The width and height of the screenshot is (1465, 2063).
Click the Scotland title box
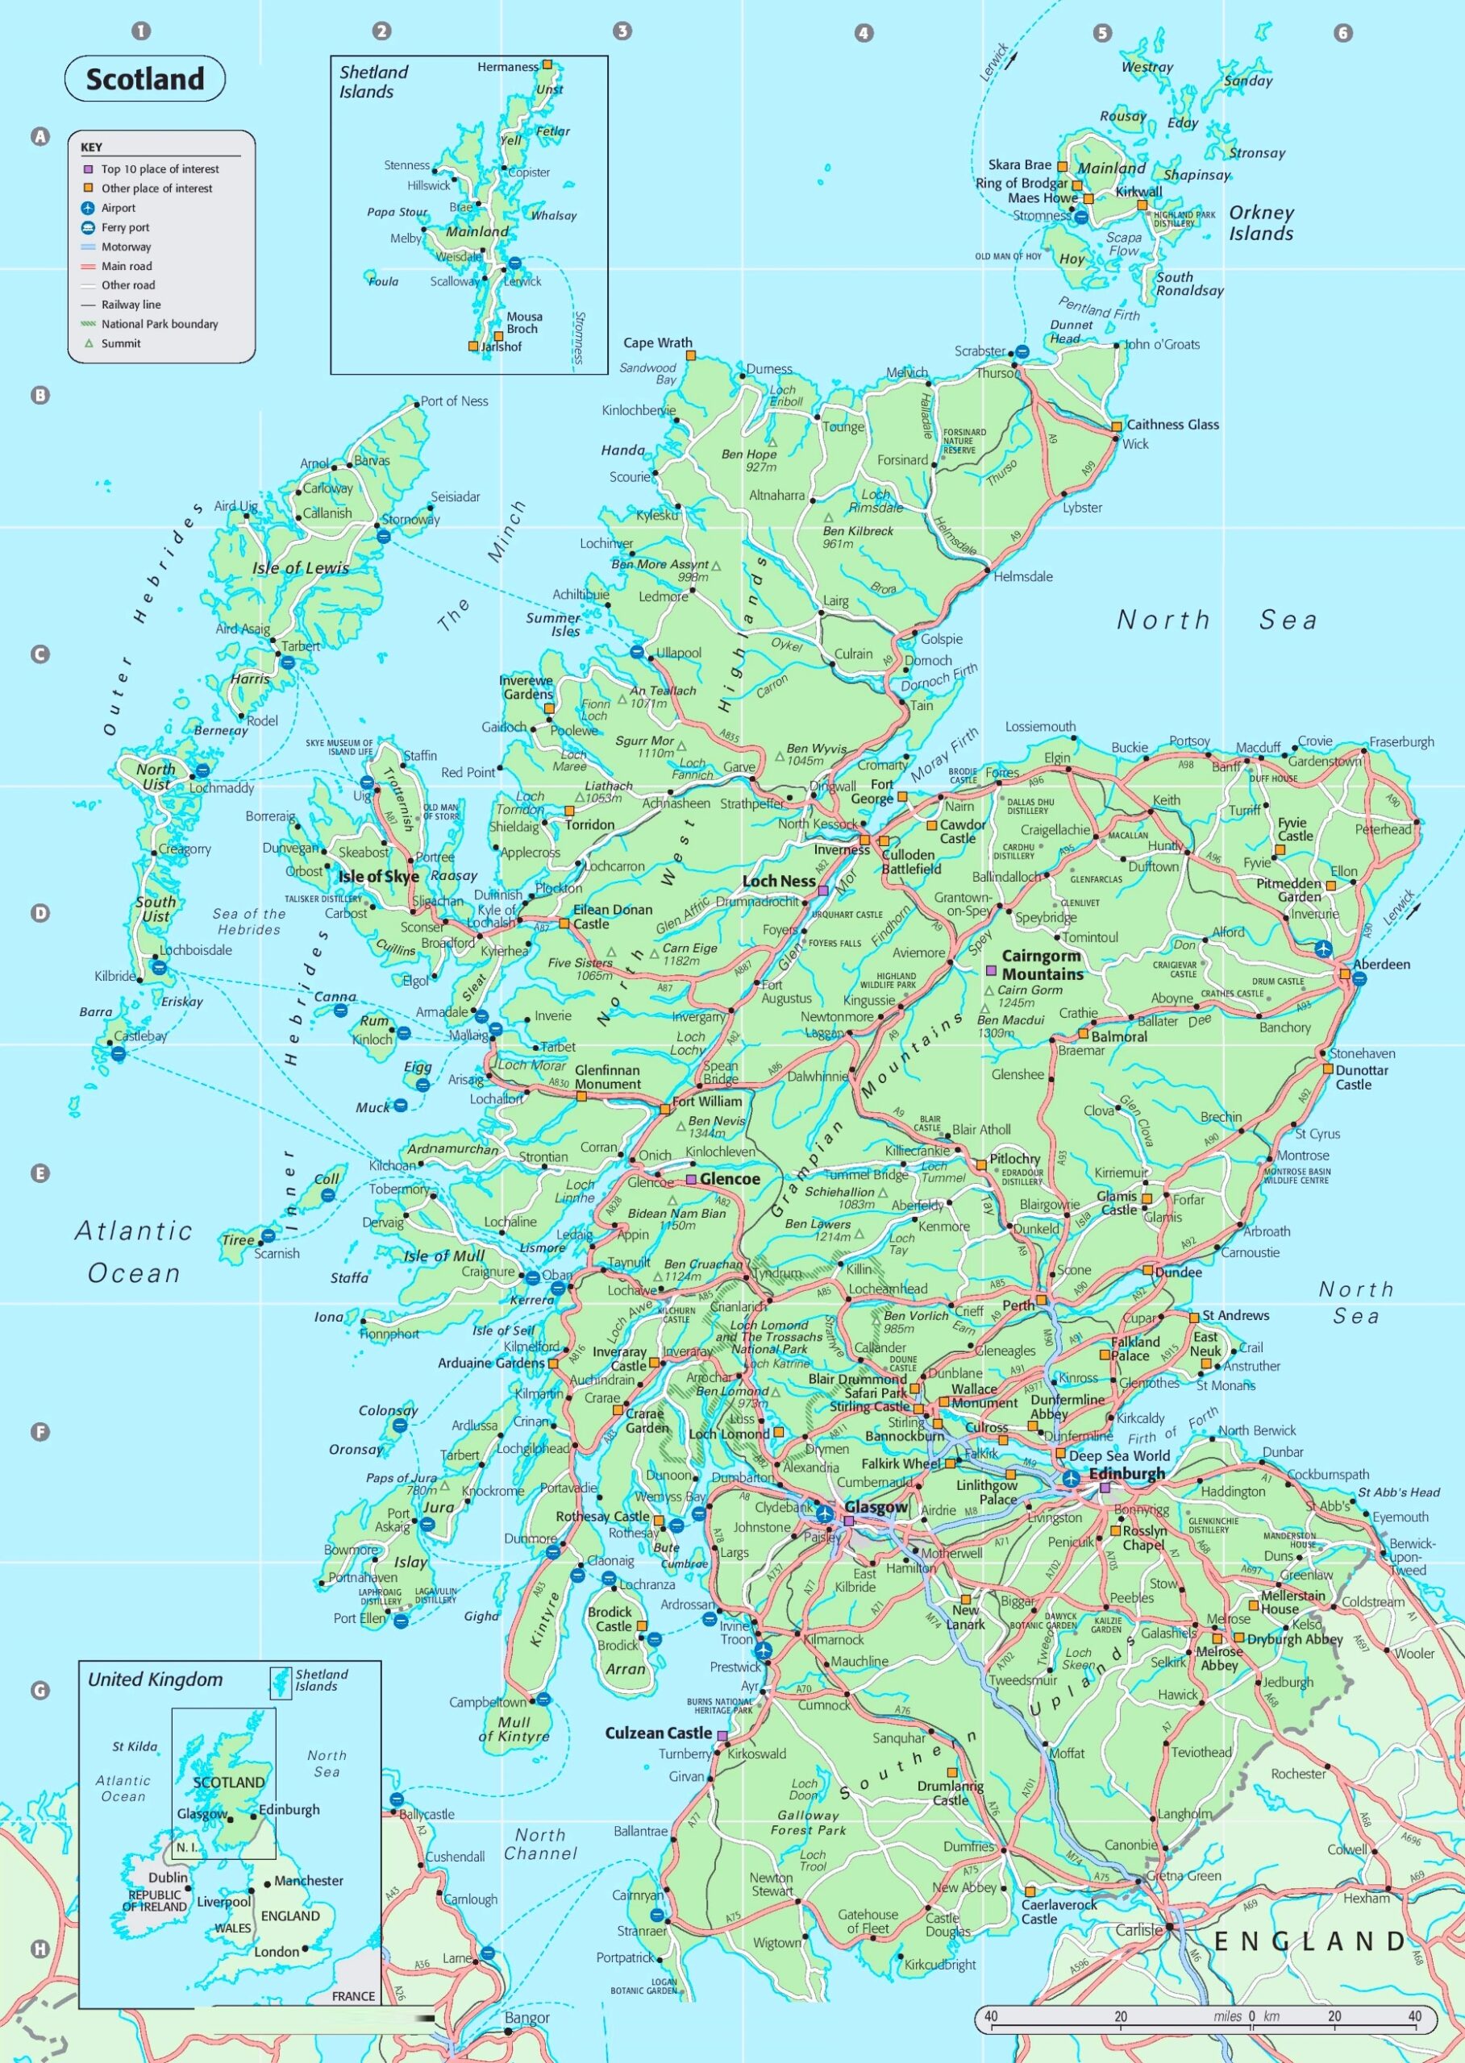(x=144, y=79)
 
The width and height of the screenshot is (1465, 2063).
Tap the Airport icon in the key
(x=89, y=208)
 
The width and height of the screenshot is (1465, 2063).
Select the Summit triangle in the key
(x=89, y=343)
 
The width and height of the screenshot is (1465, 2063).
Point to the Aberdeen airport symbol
(x=1322, y=948)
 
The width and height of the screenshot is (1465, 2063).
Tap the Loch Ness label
(x=779, y=881)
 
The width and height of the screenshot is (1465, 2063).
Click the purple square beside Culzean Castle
(x=722, y=1734)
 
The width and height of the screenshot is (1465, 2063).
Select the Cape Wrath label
(x=658, y=342)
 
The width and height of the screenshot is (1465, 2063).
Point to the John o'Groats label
(x=1162, y=344)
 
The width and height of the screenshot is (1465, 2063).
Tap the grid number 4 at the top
(x=864, y=32)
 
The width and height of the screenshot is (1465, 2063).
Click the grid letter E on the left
(x=40, y=1173)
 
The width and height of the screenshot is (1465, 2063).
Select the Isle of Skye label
(x=378, y=877)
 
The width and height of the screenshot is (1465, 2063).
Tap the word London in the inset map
(x=276, y=1951)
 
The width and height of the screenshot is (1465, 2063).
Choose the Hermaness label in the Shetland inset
(x=507, y=67)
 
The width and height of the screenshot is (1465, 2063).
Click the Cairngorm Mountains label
(x=1042, y=965)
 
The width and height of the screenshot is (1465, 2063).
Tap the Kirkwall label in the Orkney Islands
(x=1138, y=191)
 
